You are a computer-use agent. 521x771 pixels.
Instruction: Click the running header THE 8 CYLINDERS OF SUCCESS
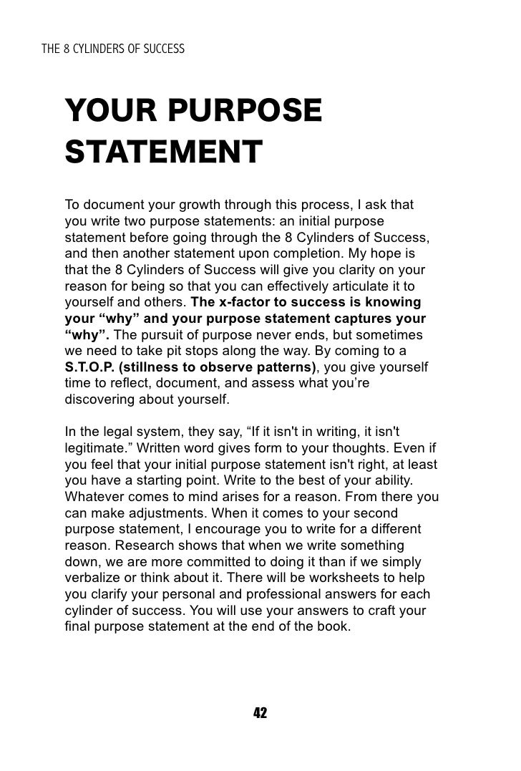click(x=115, y=49)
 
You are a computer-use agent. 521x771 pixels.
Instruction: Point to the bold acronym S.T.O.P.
click(x=87, y=367)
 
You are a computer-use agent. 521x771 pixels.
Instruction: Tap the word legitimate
click(x=93, y=447)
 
